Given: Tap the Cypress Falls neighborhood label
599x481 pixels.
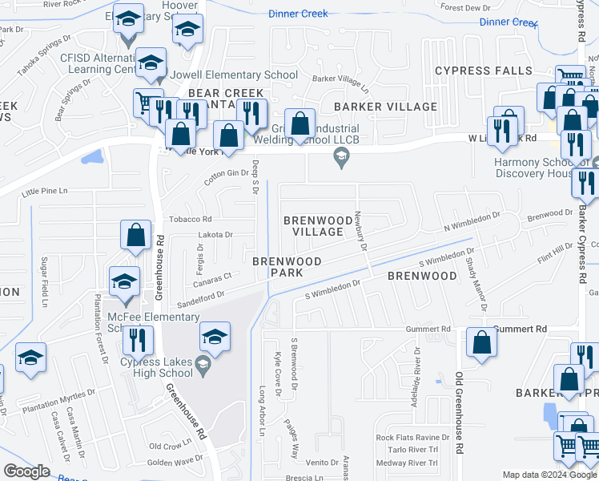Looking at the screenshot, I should coord(484,71).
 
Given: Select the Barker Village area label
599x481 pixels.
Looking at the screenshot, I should coord(386,106).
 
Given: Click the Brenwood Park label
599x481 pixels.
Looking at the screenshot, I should coord(287,267).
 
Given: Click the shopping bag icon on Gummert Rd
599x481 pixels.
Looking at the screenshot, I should coord(481,342).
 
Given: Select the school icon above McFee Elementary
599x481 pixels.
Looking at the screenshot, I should coord(125,281).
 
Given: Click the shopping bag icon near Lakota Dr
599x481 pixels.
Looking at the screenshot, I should coord(136,235).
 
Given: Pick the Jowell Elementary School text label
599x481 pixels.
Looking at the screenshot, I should coord(241,75).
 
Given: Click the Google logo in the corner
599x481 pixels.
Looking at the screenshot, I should coord(26,472).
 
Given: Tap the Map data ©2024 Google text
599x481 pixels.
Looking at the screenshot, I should coord(549,475).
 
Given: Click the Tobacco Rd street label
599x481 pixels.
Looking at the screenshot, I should coord(190,219).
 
